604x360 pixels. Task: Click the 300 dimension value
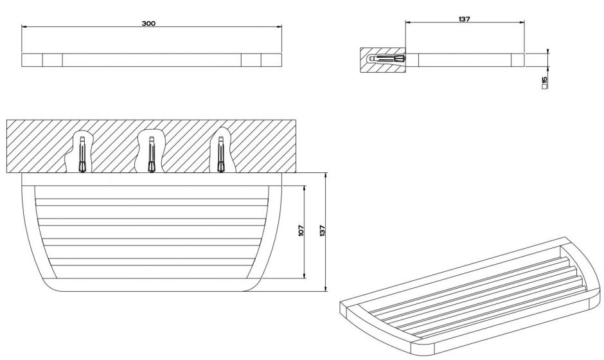coord(148,23)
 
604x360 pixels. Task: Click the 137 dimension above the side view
coord(464,19)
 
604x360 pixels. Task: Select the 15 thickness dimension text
coord(544,80)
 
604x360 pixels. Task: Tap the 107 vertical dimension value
coord(301,231)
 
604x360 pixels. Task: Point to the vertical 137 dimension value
coord(323,231)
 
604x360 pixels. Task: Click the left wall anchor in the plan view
coord(82,154)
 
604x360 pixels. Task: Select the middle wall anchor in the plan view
coord(152,154)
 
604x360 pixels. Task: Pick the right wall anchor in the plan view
coord(221,154)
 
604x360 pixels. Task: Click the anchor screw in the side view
coord(387,59)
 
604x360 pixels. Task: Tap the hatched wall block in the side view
coord(383,60)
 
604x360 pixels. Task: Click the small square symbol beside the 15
coord(544,87)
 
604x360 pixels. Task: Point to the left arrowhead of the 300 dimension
coord(24,26)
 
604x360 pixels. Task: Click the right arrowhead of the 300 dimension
coord(280,26)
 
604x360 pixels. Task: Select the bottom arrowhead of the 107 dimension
coord(305,276)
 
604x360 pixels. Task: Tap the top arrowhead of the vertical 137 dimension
coord(326,175)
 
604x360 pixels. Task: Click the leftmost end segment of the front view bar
coord(32,60)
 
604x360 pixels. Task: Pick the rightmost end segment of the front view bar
coord(272,60)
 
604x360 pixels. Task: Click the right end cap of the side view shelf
coord(518,60)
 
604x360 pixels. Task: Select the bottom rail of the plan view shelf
coord(152,285)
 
